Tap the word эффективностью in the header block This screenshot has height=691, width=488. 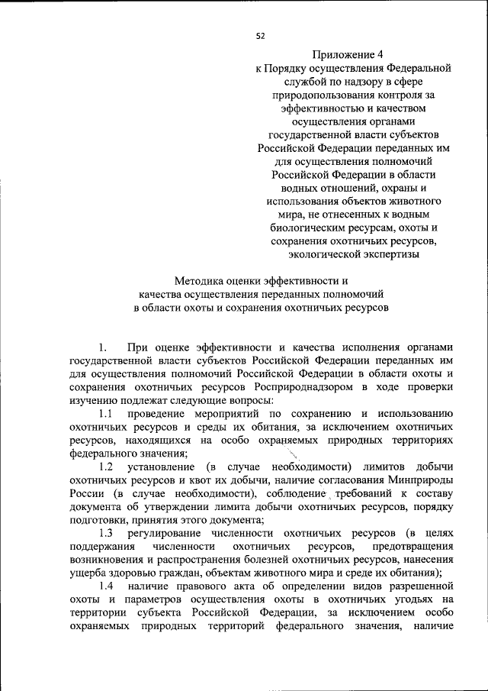325,109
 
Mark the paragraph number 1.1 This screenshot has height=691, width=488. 106,414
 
